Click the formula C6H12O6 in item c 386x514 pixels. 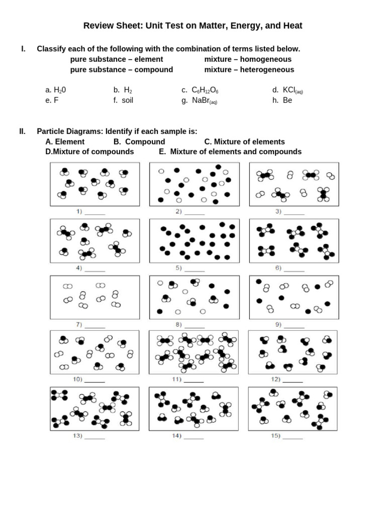pos(205,90)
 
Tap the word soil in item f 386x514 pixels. pos(127,100)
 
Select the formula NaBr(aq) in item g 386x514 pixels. pos(204,101)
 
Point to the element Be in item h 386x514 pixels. pos(287,100)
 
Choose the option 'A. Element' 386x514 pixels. pos(65,142)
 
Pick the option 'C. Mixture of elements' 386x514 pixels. pos(245,142)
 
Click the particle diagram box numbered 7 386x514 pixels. pos(94,297)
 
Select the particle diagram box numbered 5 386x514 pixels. pos(194,241)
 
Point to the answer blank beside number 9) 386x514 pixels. pos(294,325)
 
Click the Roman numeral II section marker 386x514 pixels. pos(23,132)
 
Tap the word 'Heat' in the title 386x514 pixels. pos(294,25)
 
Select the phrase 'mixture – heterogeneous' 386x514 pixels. pos(249,70)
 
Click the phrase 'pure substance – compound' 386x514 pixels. pos(122,70)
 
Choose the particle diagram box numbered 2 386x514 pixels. pos(194,184)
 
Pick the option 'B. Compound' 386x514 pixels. pos(139,142)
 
